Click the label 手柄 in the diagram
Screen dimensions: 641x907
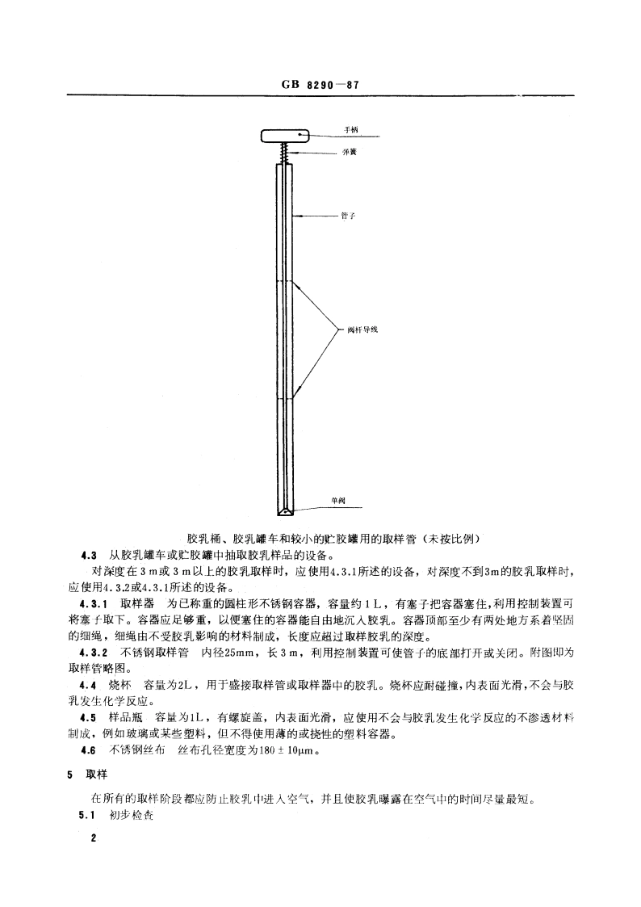click(x=350, y=130)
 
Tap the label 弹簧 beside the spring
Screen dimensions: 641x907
click(x=350, y=152)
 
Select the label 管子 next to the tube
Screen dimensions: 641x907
click(x=349, y=216)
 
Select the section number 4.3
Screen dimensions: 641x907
click(x=89, y=554)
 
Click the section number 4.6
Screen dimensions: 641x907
click(x=89, y=750)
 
